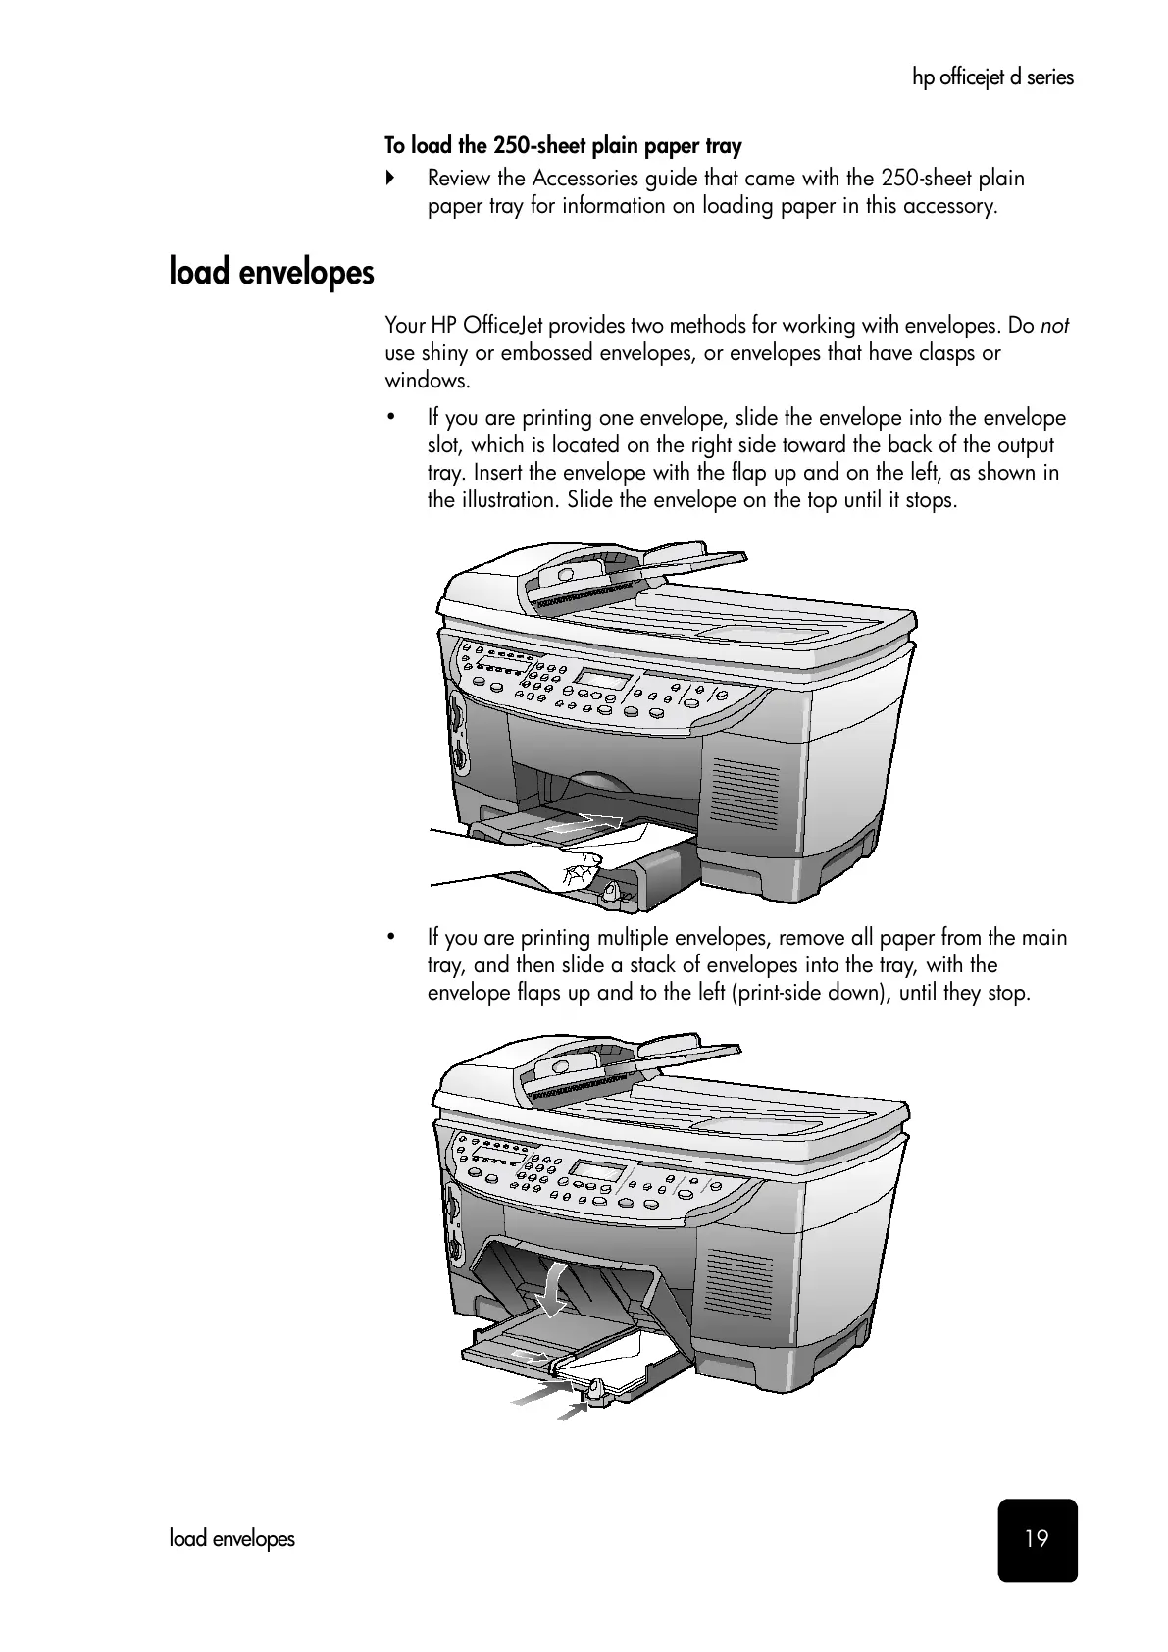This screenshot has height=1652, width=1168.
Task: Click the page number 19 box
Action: [x=1037, y=1539]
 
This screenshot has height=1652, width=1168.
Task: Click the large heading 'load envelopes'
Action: [x=272, y=271]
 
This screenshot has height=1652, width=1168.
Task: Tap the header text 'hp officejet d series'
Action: [x=992, y=77]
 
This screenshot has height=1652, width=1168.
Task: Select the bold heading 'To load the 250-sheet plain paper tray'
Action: [x=563, y=146]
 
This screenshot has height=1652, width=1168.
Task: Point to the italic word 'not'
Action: [x=1054, y=326]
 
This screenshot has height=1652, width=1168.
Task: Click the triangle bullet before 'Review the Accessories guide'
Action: [x=390, y=179]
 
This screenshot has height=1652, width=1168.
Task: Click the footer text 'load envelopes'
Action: [x=231, y=1538]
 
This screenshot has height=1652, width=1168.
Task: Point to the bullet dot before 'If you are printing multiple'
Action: [x=390, y=938]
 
